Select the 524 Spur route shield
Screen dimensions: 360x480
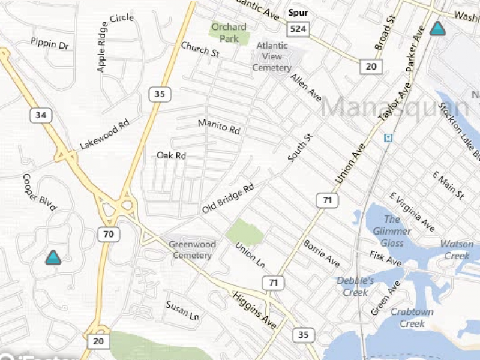pos(298,29)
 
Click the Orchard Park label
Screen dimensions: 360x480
pos(229,32)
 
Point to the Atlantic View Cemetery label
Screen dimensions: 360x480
pos(272,56)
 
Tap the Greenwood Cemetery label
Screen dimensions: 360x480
pos(190,250)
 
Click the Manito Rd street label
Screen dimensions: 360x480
pos(219,127)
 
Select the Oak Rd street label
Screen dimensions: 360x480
pos(172,155)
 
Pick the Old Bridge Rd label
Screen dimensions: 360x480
pos(228,199)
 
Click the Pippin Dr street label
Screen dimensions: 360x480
pos(50,44)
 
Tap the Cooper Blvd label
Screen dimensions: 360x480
pos(39,192)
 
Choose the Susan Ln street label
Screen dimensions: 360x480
pos(182,310)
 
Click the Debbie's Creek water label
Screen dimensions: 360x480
pos(355,286)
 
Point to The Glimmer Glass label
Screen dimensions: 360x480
pos(392,231)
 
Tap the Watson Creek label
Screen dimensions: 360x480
pos(457,250)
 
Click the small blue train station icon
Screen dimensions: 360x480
pos(388,138)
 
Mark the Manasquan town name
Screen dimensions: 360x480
pos(396,108)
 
